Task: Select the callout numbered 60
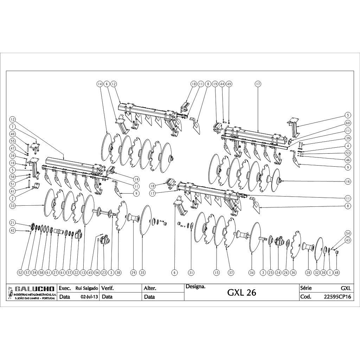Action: (x=348, y=123)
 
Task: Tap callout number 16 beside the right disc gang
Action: (x=348, y=182)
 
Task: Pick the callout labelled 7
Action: (x=12, y=126)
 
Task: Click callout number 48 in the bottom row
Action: (x=337, y=272)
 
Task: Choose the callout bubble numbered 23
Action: (x=104, y=272)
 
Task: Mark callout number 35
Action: (x=142, y=272)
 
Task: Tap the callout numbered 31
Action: (x=191, y=272)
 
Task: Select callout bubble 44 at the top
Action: (x=222, y=84)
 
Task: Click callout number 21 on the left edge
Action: (x=12, y=223)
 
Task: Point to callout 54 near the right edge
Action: (x=348, y=233)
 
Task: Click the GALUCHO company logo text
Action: (x=34, y=289)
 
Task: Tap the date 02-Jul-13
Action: (x=89, y=297)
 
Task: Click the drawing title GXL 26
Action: (x=242, y=292)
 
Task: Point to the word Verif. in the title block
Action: (x=108, y=288)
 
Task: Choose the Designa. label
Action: (x=195, y=287)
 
